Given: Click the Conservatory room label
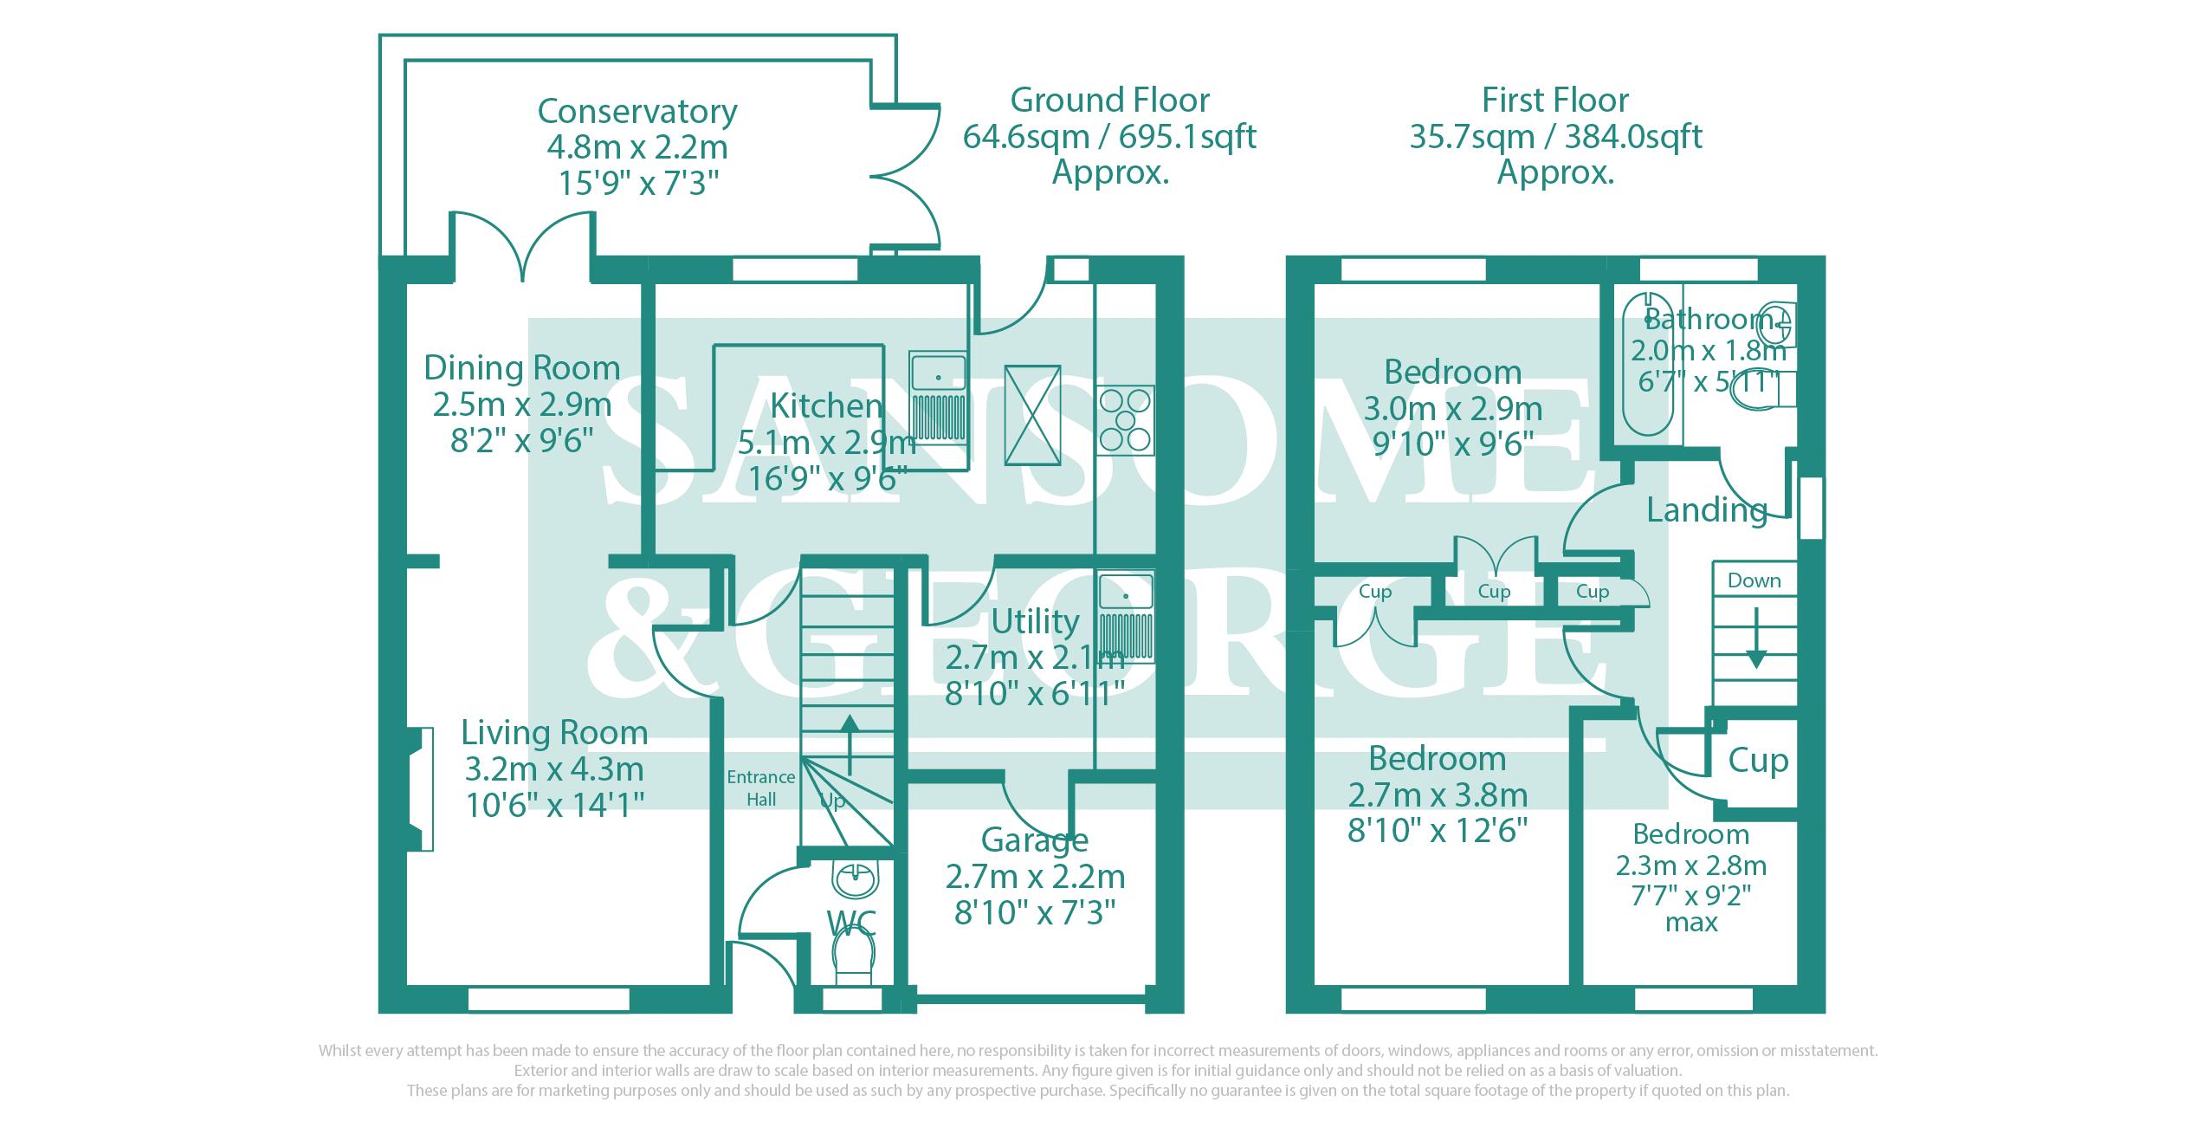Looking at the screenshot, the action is click(x=637, y=112).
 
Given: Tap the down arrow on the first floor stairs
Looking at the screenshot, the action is click(x=1755, y=638).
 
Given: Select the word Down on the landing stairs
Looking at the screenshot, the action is click(x=1754, y=580).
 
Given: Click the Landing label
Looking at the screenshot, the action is click(x=1706, y=510).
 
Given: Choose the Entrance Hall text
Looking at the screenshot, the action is click(x=760, y=788).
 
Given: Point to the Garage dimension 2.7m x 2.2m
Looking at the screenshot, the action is click(x=1035, y=877).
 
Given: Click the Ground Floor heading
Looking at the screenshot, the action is click(x=1109, y=100).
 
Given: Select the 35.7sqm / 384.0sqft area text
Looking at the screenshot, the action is click(x=1555, y=137).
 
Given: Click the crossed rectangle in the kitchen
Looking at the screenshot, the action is click(x=1031, y=414).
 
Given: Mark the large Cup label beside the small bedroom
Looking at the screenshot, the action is click(x=1758, y=761).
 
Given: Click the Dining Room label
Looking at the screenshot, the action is click(x=521, y=368).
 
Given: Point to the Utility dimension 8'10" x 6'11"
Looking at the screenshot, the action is click(x=1035, y=693).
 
